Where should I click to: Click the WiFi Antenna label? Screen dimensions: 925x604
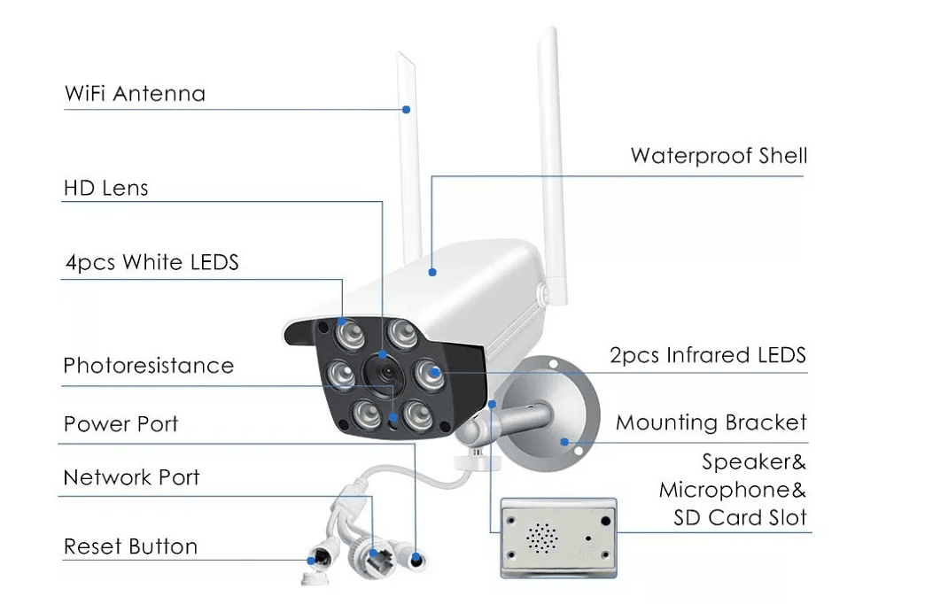tap(135, 94)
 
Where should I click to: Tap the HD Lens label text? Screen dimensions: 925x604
tap(106, 188)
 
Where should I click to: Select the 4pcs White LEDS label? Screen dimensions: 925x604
tap(152, 262)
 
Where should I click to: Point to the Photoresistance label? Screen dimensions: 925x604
tap(149, 366)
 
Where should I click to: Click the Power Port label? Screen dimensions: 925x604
tap(120, 424)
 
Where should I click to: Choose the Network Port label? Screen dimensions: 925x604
tap(131, 477)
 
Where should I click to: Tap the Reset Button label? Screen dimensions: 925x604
tap(130, 546)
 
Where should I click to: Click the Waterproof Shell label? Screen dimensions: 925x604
tap(719, 156)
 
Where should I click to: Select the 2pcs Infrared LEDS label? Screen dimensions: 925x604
tap(708, 355)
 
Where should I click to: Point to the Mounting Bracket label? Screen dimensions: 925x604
tap(711, 422)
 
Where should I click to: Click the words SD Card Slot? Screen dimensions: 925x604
tap(741, 518)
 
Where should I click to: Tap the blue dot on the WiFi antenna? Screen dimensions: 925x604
tap(407, 110)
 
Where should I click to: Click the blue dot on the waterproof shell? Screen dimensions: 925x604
tap(432, 273)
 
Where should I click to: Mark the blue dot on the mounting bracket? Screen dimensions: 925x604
tap(564, 442)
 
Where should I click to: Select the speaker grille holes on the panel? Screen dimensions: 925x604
tap(541, 538)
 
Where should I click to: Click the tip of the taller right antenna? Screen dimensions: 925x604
tap(552, 27)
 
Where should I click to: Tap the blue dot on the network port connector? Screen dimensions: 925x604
tap(373, 554)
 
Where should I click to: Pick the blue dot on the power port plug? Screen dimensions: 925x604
tap(416, 557)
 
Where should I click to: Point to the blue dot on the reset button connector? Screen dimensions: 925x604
tap(312, 561)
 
